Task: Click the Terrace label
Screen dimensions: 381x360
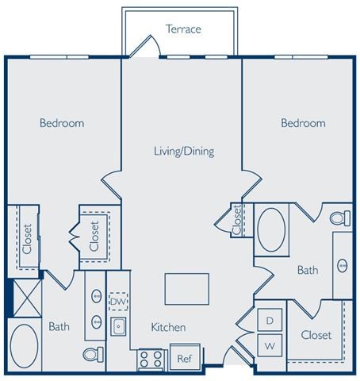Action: click(183, 29)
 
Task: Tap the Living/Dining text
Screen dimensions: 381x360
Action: click(184, 151)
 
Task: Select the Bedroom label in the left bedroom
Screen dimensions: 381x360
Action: click(62, 123)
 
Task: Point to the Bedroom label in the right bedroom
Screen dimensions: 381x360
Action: click(303, 123)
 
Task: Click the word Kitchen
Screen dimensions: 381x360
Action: click(168, 327)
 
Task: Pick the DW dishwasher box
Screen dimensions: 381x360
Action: click(118, 302)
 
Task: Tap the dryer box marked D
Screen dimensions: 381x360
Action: click(269, 320)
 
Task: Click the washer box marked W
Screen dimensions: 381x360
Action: click(269, 345)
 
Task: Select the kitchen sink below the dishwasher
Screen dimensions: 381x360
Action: click(118, 325)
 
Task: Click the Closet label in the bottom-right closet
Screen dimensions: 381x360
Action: click(316, 335)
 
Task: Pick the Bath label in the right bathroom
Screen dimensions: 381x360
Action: click(307, 271)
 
